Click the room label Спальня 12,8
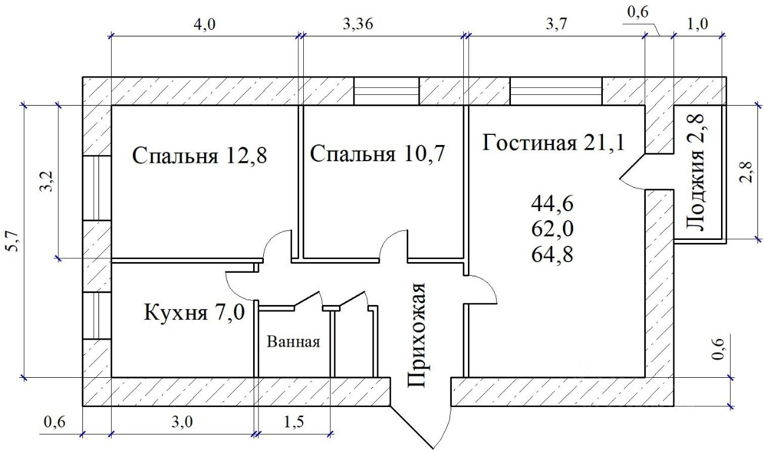click(199, 156)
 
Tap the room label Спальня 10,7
click(378, 154)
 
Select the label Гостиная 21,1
click(553, 143)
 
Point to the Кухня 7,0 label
click(195, 312)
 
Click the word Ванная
click(294, 343)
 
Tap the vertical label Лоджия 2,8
click(696, 173)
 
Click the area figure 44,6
click(552, 204)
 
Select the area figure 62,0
click(552, 229)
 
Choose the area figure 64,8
click(552, 255)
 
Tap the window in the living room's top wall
click(555, 91)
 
